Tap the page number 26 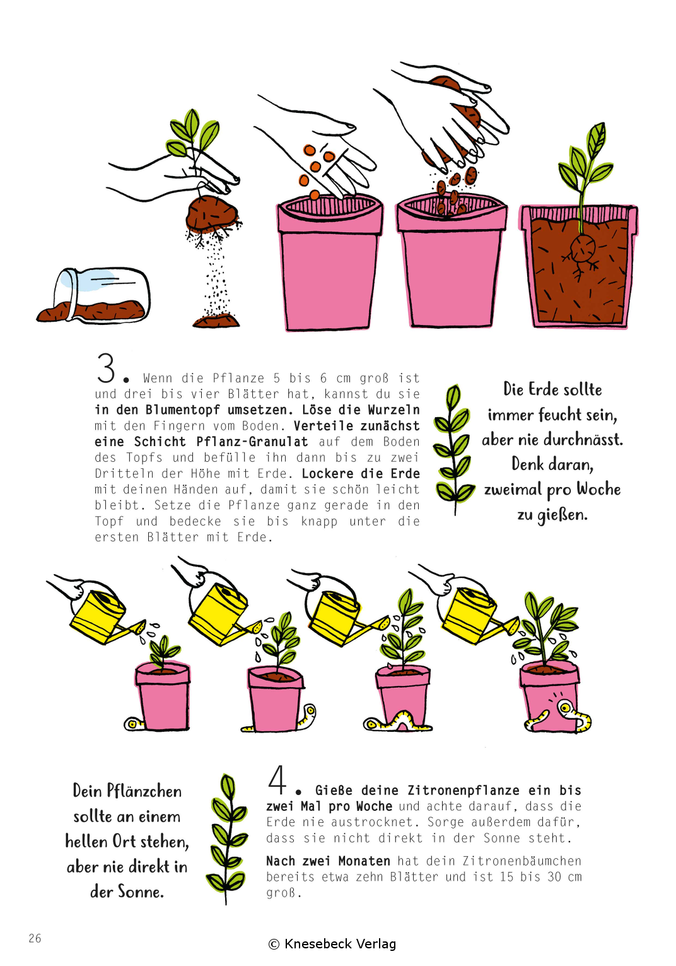pyautogui.click(x=35, y=938)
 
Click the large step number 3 pyautogui.click(x=106, y=368)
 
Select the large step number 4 pyautogui.click(x=277, y=780)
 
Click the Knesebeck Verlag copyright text pyautogui.click(x=332, y=944)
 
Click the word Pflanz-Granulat pyautogui.click(x=252, y=442)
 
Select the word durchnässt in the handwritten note pyautogui.click(x=583, y=440)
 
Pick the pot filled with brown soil pyautogui.click(x=579, y=266)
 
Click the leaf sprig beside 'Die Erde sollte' pyautogui.click(x=454, y=450)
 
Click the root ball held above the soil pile pyautogui.click(x=212, y=214)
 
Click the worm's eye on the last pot pyautogui.click(x=564, y=707)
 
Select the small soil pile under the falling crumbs pyautogui.click(x=216, y=321)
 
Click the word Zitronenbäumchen pyautogui.click(x=522, y=861)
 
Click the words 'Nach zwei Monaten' pyautogui.click(x=328, y=861)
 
